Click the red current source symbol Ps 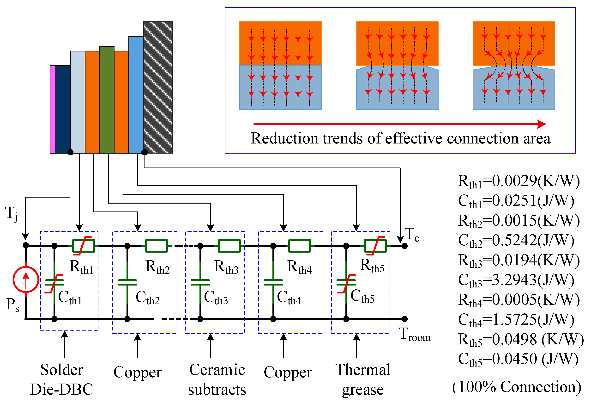(26, 279)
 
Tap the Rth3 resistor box (229, 246)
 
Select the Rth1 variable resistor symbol (83, 246)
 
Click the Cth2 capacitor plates (127, 282)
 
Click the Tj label (12, 213)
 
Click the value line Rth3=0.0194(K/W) (519, 261)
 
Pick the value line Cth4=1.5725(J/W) (516, 320)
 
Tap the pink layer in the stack (53, 109)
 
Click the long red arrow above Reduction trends (399, 124)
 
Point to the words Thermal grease (363, 379)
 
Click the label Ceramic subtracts (217, 379)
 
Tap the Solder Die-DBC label (62, 379)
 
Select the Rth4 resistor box (299, 246)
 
